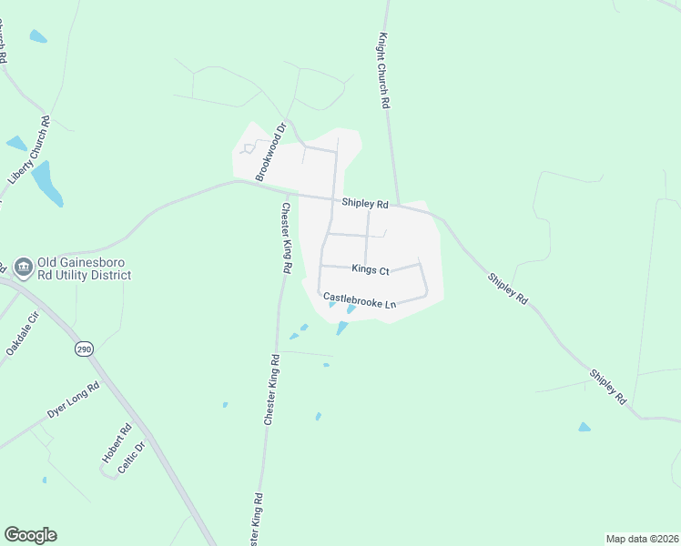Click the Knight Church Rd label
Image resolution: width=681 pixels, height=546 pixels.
[384, 73]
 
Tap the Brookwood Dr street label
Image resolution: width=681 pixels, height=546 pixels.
[270, 152]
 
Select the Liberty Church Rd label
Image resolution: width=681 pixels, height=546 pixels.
[28, 151]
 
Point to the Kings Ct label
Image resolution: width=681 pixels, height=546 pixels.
[371, 270]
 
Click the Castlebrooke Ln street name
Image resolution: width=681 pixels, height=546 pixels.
[360, 299]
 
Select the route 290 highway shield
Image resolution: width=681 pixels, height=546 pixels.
[83, 349]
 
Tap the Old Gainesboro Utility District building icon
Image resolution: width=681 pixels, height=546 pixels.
[23, 267]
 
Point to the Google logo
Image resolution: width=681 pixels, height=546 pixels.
[30, 535]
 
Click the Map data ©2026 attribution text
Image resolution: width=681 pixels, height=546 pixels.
[642, 539]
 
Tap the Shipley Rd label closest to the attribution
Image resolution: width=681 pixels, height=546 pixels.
[608, 386]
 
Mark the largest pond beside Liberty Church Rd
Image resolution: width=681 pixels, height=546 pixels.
[47, 182]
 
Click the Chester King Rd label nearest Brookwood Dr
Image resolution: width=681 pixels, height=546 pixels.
[285, 238]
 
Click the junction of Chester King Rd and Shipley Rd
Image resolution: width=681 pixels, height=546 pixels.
[287, 194]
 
